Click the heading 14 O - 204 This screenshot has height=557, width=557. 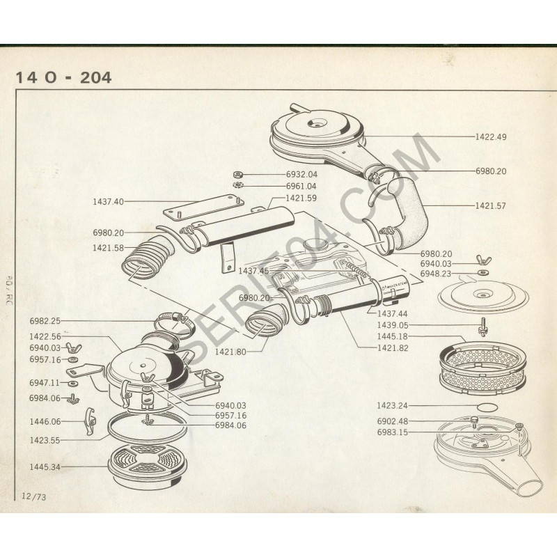pos(63,77)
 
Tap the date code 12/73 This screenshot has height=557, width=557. pos(33,496)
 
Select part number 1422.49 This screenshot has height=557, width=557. pos(491,136)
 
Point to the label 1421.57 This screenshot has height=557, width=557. pos(491,205)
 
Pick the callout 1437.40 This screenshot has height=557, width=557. pos(108,201)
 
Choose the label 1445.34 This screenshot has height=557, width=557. pos(45,466)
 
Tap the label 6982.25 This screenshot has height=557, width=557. pos(45,321)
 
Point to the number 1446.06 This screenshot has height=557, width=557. pos(45,421)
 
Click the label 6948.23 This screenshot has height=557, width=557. pos(435,274)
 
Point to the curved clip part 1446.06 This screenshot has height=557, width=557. pos(88,421)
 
